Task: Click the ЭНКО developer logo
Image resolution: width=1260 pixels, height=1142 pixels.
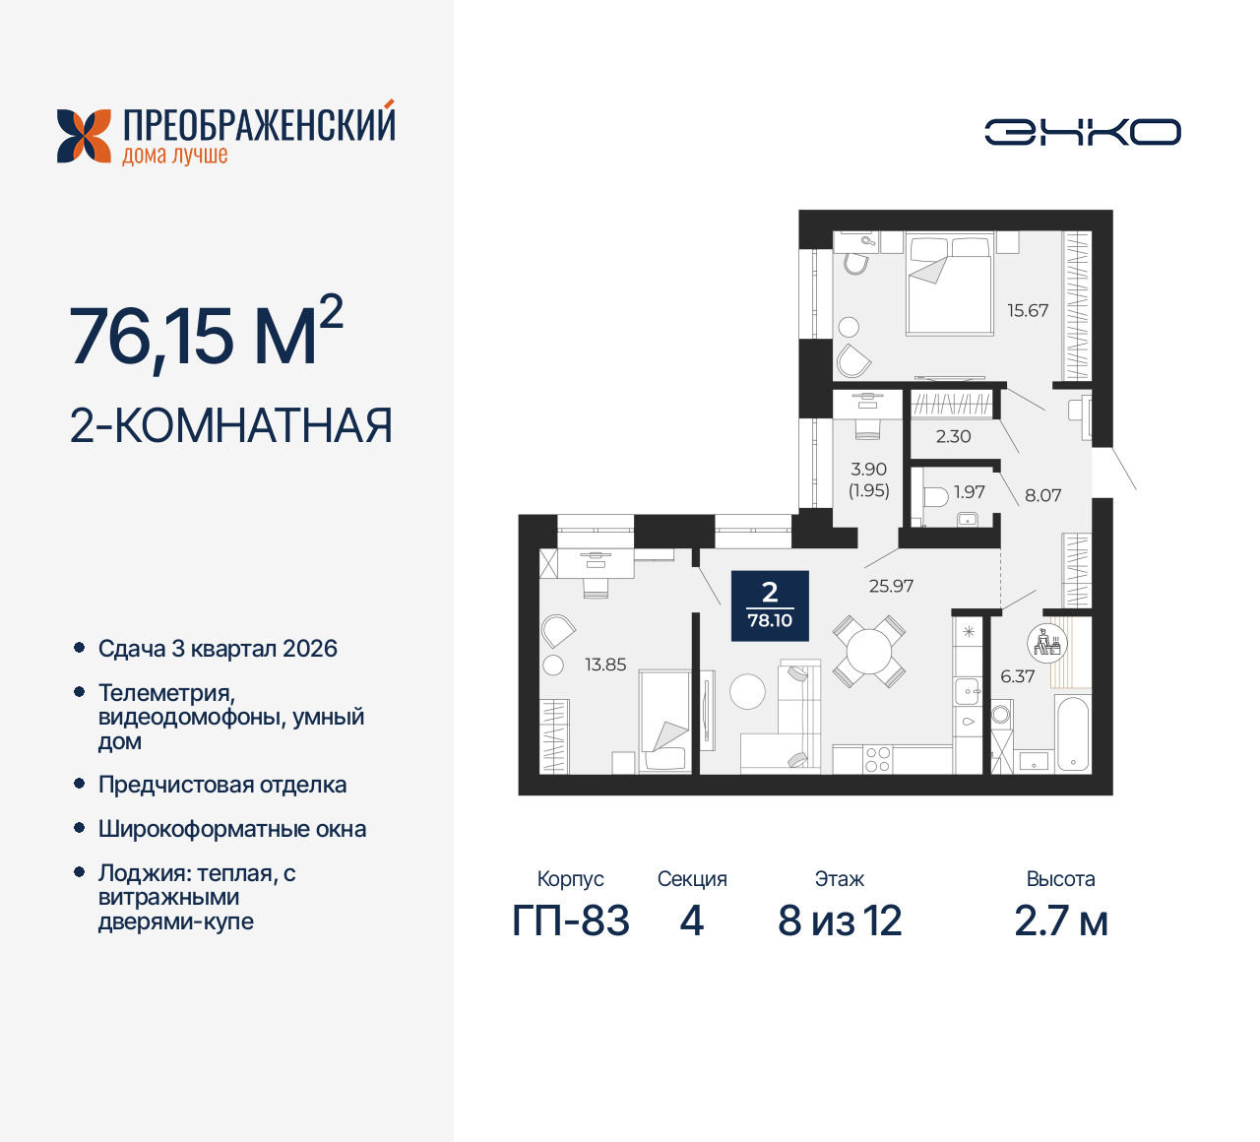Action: (1082, 133)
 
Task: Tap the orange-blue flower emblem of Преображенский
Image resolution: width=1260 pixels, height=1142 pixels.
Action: (84, 136)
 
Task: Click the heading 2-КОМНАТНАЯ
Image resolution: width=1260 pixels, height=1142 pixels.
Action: (231, 426)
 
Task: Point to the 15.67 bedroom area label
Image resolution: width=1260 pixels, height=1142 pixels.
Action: (1027, 311)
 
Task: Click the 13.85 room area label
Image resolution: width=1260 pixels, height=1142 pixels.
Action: (605, 665)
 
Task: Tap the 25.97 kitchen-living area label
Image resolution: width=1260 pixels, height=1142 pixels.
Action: (891, 586)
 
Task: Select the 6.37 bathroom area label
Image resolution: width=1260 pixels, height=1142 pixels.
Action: (1017, 676)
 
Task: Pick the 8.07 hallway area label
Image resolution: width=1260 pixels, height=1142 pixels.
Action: (1042, 495)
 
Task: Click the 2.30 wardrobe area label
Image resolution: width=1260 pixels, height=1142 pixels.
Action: (953, 436)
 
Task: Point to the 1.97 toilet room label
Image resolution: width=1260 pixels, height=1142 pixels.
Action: (969, 492)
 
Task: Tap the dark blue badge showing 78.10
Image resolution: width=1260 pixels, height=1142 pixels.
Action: (770, 605)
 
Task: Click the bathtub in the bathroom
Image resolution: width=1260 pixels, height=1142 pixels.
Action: (1072, 733)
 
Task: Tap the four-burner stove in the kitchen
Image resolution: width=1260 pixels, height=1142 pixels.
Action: (877, 759)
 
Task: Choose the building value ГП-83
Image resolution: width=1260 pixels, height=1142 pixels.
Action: (570, 921)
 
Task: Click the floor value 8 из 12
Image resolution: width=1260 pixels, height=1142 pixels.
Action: (840, 921)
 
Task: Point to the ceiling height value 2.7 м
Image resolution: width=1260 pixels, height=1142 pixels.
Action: (1060, 921)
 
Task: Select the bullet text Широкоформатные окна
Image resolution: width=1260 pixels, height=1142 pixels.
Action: (232, 829)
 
